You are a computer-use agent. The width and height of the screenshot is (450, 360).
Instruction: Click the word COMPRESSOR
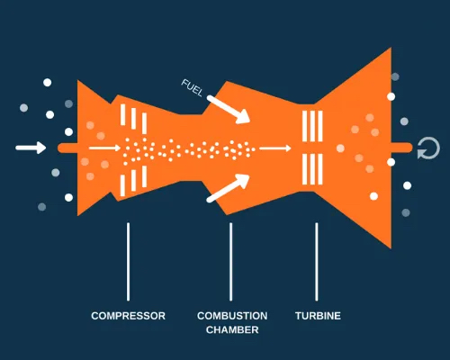pos(128,316)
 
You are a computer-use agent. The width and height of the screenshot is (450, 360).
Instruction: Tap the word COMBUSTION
pos(232,316)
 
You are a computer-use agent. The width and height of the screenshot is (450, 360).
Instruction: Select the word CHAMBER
pos(232,329)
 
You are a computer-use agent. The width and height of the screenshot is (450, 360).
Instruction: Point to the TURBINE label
pos(318,316)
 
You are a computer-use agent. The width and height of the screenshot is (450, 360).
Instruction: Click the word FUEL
pos(193,87)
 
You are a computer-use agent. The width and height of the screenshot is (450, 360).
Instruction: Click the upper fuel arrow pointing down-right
pos(229,110)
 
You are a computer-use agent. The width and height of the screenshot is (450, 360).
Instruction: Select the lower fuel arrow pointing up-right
pos(229,188)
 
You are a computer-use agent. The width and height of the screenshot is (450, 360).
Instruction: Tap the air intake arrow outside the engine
pos(31,148)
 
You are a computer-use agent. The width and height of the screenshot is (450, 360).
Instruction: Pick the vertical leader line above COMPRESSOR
pos(128,262)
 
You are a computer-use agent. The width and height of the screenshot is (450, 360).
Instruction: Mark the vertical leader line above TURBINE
pos(317,262)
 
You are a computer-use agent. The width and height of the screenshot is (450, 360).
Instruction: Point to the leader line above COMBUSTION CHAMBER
pos(230,262)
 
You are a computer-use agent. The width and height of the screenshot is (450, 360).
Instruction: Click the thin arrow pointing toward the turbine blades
pos(275,148)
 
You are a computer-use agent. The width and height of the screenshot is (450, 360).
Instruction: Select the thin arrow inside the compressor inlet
pos(104,148)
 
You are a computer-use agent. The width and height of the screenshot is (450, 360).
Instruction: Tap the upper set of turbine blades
pos(312,126)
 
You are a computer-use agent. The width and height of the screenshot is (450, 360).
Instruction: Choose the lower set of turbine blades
pos(312,169)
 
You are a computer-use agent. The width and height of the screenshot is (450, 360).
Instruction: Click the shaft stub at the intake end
pos(67,148)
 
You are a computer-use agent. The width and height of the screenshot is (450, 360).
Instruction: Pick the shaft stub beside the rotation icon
pos(402,148)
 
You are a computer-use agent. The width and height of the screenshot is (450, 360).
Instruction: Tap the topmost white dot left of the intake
pos(48,83)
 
